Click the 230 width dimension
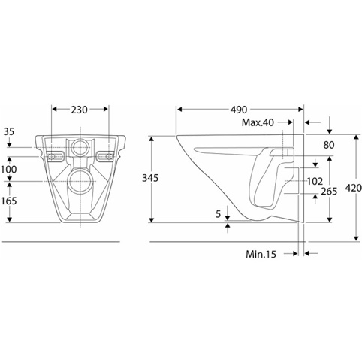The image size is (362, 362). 79,110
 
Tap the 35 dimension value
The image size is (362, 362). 9,131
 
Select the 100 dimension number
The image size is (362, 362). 8,170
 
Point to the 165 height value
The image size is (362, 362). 8,201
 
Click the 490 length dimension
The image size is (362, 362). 239,110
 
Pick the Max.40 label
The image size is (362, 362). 258,122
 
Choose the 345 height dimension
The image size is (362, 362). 150,178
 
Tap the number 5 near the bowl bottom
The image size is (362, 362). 219,214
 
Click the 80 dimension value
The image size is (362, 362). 329,145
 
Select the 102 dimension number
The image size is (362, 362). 315,181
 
